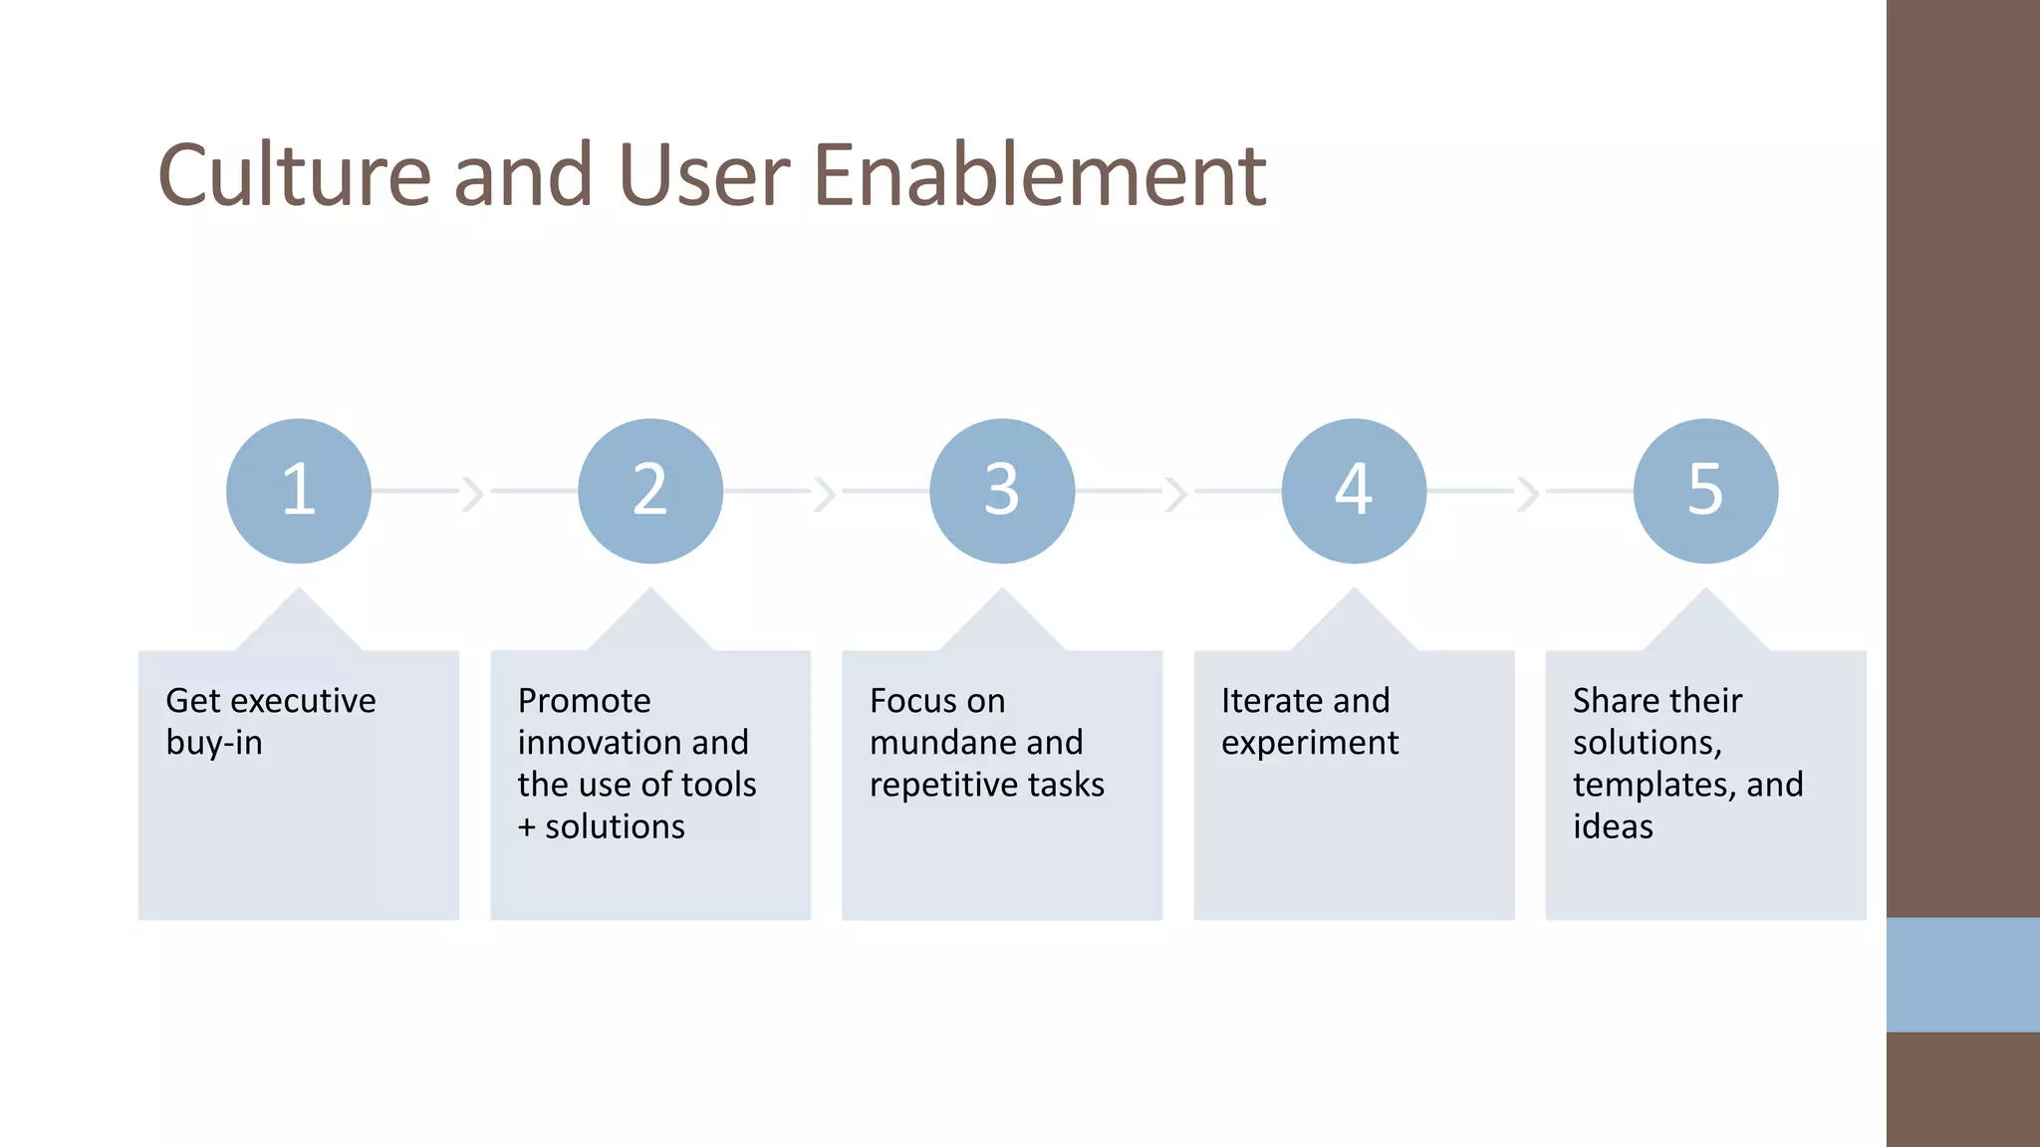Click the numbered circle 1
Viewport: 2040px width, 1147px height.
299,491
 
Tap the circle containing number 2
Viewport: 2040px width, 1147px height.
650,491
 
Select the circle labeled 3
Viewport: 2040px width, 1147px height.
1002,491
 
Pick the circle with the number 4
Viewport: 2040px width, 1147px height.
1354,491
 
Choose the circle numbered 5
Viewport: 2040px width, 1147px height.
1705,491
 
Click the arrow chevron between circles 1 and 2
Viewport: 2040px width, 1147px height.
473,493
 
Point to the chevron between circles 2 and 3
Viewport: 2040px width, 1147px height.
825,493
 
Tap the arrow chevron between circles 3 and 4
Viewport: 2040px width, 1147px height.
1176,493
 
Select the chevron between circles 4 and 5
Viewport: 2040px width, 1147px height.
1528,493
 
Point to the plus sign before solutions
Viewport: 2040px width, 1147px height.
527,827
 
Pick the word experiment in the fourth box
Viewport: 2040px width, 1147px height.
1309,743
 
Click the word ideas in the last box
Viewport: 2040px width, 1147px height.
1613,827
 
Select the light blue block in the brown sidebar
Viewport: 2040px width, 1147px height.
1962,975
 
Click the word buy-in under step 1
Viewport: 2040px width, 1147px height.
214,743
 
